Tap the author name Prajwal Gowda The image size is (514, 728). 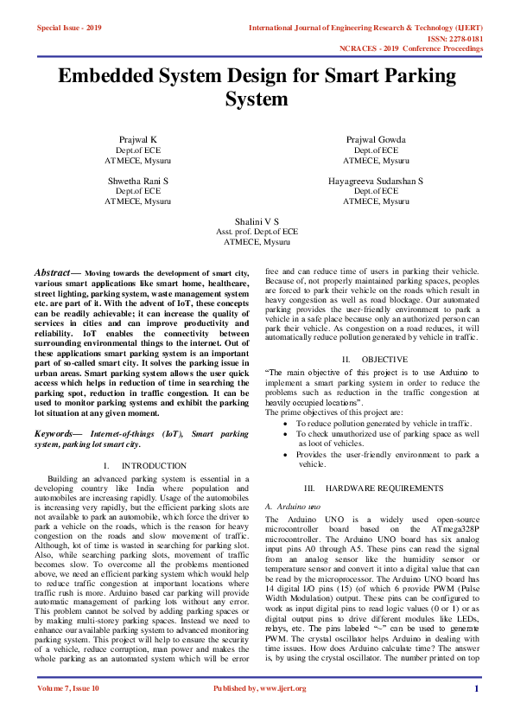pos(376,139)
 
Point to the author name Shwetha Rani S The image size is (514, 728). pos(137,181)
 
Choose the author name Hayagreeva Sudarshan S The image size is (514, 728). pos(376,181)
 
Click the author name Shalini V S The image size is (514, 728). pos(257,222)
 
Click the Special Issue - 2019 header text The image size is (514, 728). pos(69,29)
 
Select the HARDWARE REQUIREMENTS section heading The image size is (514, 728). pos(384,489)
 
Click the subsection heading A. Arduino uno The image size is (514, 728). pos(293,505)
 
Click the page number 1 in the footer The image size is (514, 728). pos(476,712)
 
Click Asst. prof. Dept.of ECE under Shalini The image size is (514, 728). pos(257,233)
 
